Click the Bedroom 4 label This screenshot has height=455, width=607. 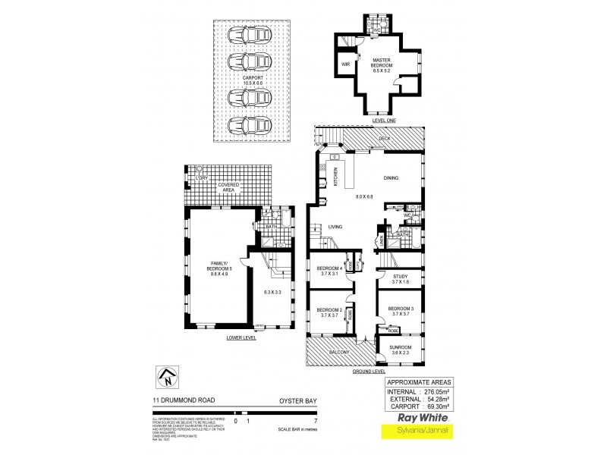[x=329, y=271]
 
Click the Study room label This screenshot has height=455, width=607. [x=400, y=278]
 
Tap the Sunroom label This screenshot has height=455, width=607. [x=400, y=349]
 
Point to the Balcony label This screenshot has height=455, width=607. [x=339, y=353]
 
